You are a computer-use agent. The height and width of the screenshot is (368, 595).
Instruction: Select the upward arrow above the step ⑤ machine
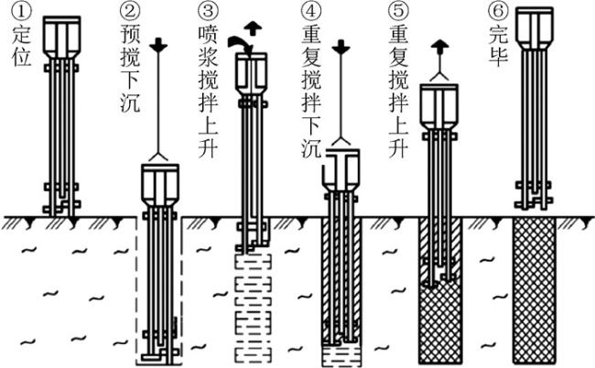[441, 44]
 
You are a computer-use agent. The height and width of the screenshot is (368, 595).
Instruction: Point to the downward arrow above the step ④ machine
[342, 46]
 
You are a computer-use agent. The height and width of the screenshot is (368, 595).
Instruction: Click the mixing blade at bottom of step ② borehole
[158, 352]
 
